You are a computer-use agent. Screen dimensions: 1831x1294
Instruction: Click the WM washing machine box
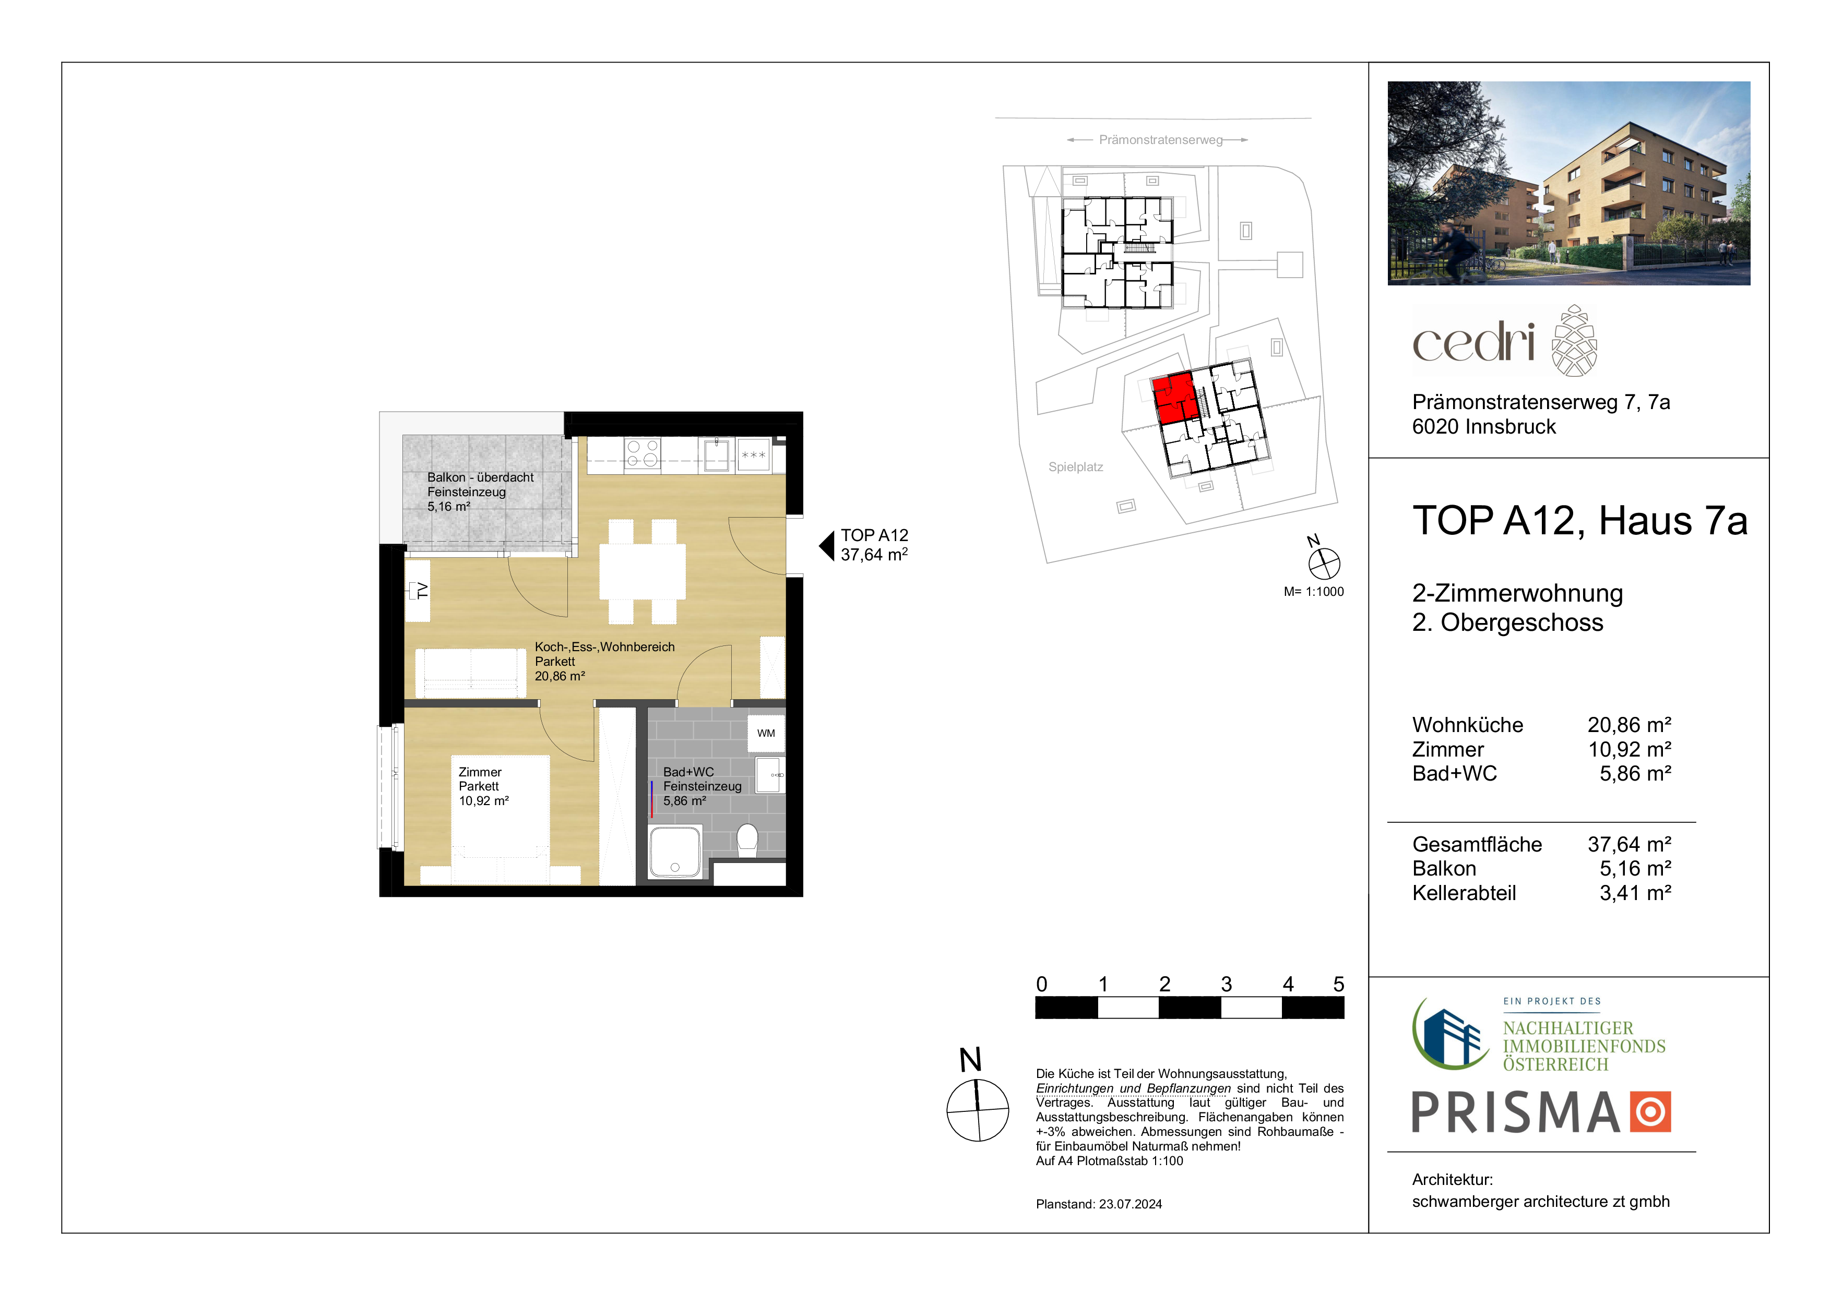point(766,734)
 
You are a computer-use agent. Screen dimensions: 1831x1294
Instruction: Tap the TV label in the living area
point(422,591)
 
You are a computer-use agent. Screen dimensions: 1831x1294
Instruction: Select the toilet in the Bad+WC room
point(747,841)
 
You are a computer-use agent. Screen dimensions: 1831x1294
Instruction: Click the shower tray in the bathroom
point(675,852)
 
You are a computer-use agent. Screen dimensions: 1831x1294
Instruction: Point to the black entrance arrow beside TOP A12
point(827,546)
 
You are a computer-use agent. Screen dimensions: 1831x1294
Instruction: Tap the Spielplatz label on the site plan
point(1076,467)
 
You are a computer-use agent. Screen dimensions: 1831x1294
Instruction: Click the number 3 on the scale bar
point(1227,985)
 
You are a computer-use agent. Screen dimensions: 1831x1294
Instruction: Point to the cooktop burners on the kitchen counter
point(643,453)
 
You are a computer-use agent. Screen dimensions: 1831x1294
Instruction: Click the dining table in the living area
point(643,571)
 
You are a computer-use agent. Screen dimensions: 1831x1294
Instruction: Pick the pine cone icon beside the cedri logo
point(1574,340)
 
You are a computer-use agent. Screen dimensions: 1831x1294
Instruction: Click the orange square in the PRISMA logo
point(1650,1112)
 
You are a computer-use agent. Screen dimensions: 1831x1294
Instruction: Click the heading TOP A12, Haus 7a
point(1580,521)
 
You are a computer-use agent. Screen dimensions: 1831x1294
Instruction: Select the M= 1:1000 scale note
point(1313,592)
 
